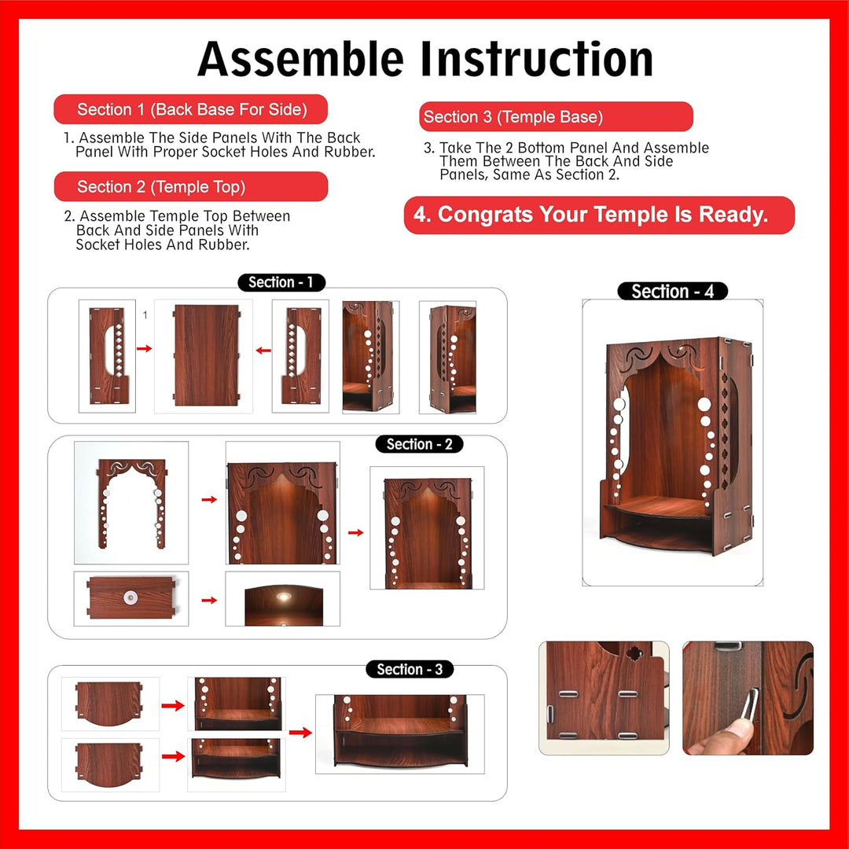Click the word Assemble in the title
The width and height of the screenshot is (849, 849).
click(301, 60)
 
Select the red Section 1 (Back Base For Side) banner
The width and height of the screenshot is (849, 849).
click(191, 109)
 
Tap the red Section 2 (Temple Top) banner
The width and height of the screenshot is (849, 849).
click(191, 187)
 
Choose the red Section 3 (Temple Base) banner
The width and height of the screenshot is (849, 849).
click(556, 117)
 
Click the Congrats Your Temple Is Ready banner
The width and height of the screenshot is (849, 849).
click(599, 215)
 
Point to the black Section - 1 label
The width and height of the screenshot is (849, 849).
click(281, 282)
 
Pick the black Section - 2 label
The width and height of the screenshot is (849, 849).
click(419, 444)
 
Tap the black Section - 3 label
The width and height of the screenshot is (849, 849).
click(409, 670)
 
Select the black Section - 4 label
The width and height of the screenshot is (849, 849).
click(672, 292)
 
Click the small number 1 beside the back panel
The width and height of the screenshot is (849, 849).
click(145, 315)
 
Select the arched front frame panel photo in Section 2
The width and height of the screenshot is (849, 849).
click(131, 503)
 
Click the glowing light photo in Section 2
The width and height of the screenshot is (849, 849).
click(282, 599)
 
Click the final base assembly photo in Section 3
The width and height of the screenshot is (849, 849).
click(399, 733)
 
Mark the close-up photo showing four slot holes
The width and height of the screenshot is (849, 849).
click(604, 698)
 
